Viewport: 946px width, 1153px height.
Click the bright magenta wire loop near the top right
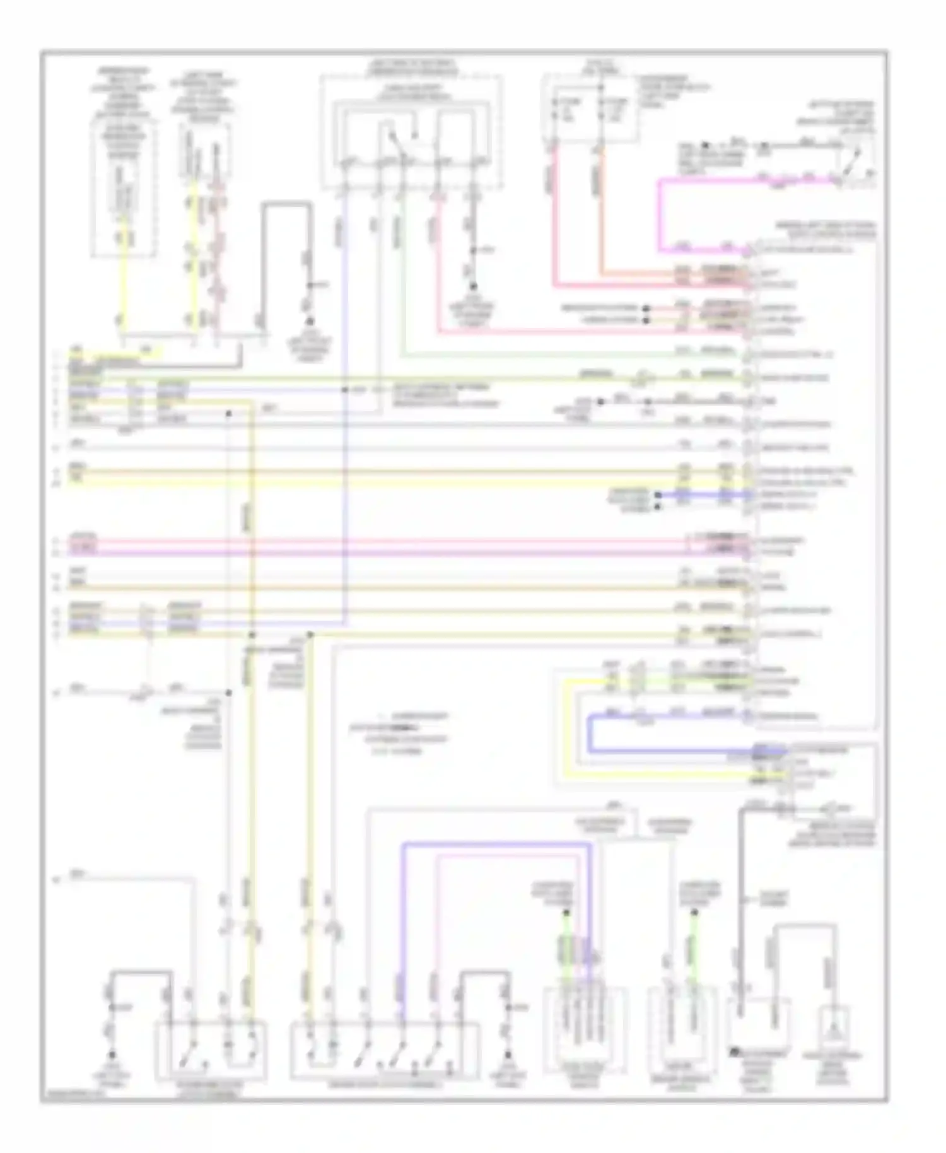[660, 214]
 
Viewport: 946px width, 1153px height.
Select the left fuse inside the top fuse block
[556, 108]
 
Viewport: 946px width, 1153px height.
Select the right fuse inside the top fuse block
[602, 108]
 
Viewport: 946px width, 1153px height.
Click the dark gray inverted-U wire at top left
[287, 203]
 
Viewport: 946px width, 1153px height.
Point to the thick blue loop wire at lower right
[590, 735]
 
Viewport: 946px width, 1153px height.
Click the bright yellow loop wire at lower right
[566, 725]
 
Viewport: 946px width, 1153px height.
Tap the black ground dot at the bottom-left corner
[113, 1054]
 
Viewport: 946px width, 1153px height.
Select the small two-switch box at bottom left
[211, 1050]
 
